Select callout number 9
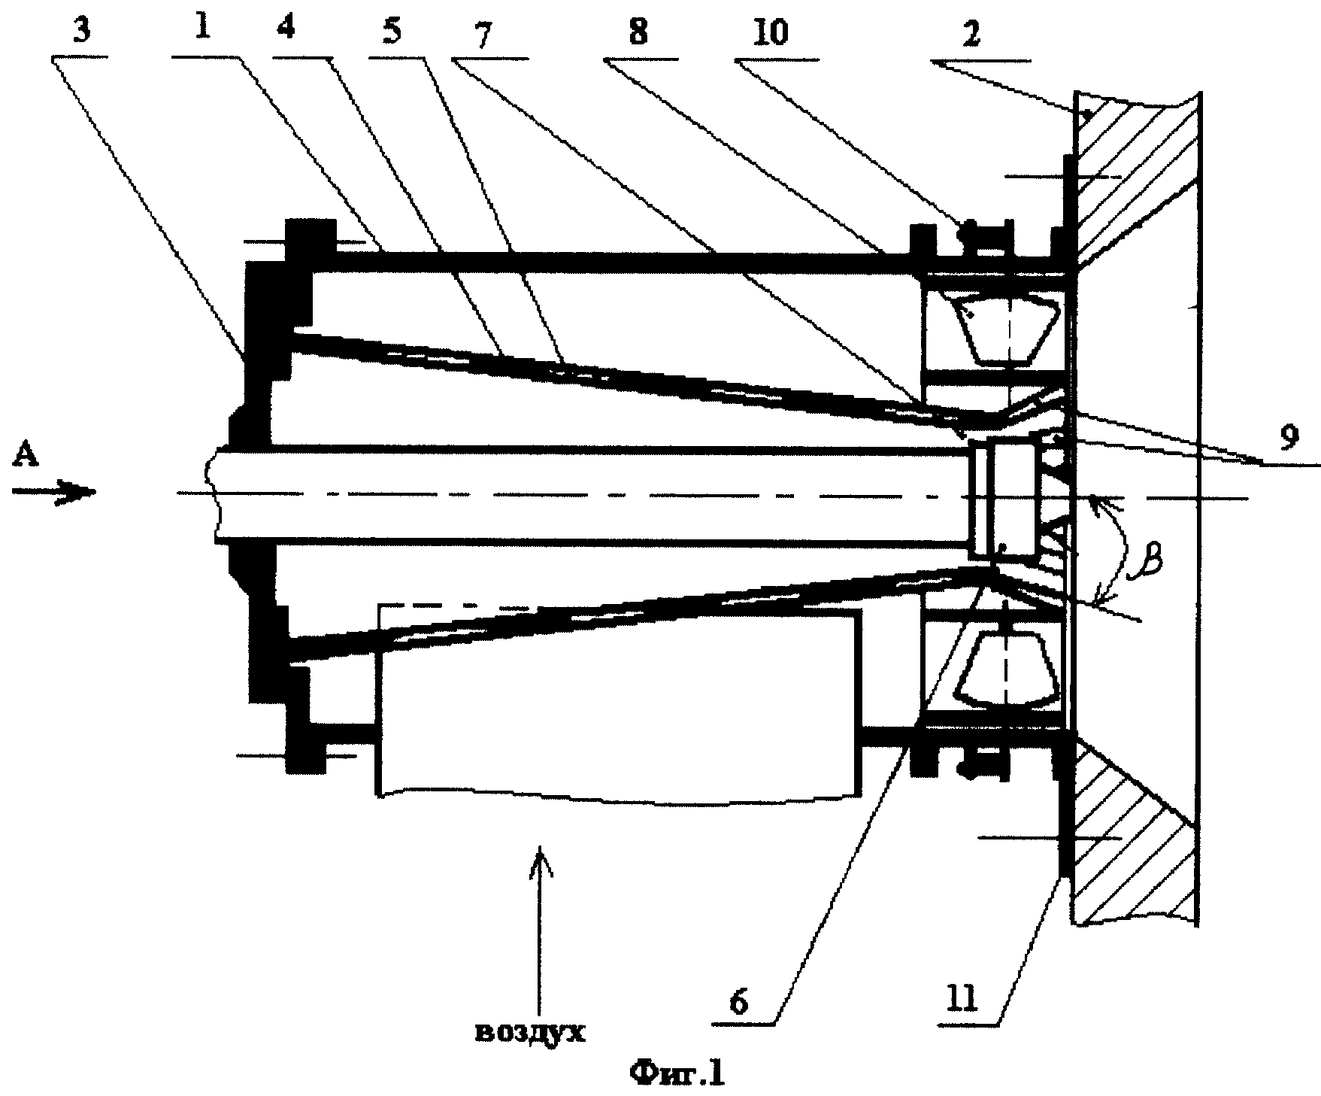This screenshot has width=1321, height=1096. point(1289,436)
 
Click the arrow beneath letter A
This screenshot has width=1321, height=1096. point(54,492)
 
